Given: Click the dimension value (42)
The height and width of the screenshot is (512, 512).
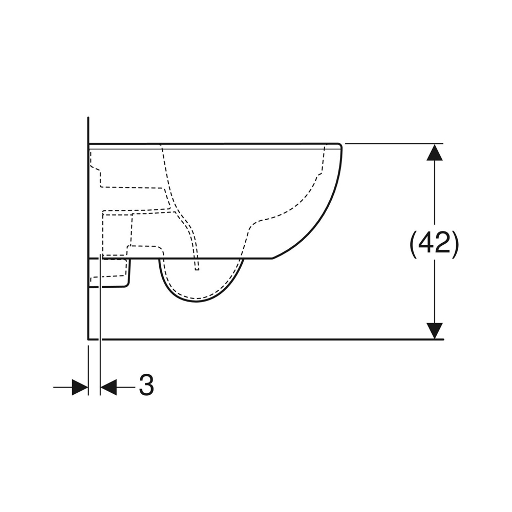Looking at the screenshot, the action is pos(434,244).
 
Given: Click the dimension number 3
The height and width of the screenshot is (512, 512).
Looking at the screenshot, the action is pos(146,386).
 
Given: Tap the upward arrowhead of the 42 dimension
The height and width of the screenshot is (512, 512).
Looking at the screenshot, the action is pos(434,152).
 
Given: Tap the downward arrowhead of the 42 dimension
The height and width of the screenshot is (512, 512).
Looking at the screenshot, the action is pos(434,331).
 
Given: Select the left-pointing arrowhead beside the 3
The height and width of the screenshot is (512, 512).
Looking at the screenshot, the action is pos(109,387).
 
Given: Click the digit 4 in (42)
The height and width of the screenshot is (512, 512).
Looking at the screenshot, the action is pos(426,244).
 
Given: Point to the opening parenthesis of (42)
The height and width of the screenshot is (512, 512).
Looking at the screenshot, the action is pos(413,245).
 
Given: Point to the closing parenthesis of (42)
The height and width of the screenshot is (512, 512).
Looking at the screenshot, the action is pos(456,245).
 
